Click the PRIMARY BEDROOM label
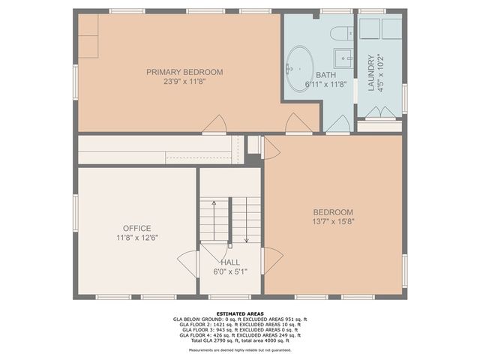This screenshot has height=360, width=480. [184, 72]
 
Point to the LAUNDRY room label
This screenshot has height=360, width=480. [371, 72]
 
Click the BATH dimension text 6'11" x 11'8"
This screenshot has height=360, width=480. [326, 85]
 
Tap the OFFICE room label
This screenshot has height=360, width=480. [137, 228]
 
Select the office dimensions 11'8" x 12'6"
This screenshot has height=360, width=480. [137, 238]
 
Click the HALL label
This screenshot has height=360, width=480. [230, 262]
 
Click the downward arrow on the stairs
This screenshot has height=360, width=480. [246, 221]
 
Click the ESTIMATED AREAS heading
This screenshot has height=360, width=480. [239, 313]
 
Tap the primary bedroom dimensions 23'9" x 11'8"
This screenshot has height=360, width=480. [184, 82]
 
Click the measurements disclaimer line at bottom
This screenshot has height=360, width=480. [239, 349]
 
